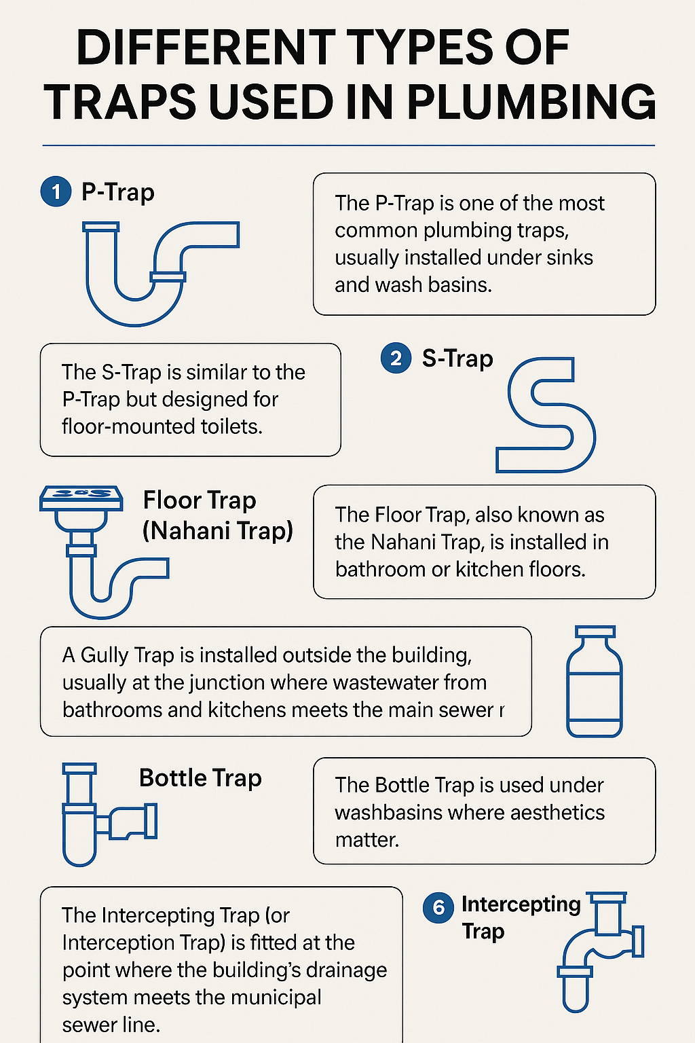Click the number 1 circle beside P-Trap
[x=56, y=191]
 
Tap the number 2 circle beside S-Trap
[x=396, y=358]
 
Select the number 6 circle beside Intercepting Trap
[x=438, y=907]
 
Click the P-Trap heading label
[x=118, y=192]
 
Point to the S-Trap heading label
[x=457, y=359]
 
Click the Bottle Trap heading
[x=201, y=778]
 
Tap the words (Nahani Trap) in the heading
[x=218, y=531]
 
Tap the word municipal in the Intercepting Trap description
[x=276, y=998]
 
